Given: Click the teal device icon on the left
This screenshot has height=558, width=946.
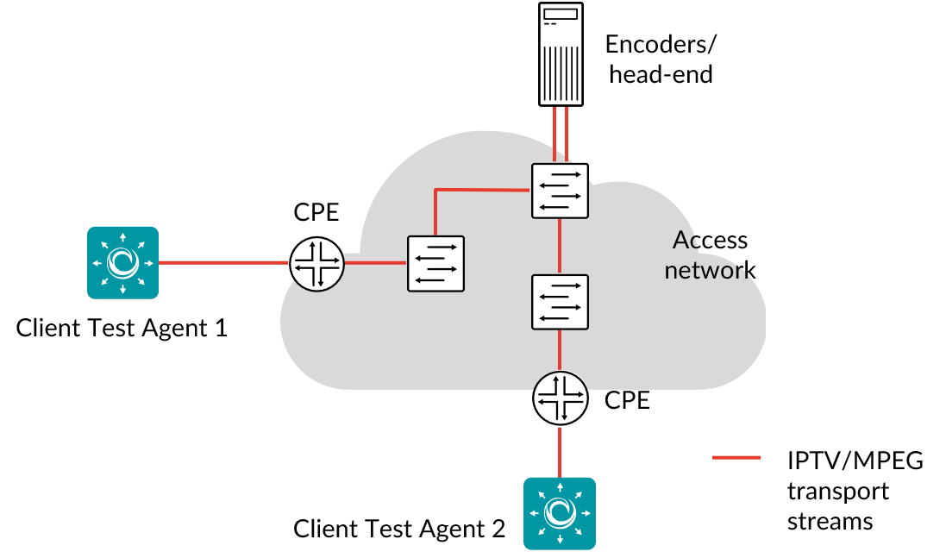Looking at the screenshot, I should click(122, 263).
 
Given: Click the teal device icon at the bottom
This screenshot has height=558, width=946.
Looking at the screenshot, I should click(560, 513).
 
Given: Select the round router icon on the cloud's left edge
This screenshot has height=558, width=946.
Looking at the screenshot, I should click(316, 264).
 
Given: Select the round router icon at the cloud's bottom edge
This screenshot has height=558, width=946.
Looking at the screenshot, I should click(561, 398).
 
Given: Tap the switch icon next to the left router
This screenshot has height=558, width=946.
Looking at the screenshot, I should click(435, 264).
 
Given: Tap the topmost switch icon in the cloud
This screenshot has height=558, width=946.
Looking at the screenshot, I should click(560, 191).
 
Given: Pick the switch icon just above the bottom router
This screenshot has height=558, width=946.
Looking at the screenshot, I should click(560, 302).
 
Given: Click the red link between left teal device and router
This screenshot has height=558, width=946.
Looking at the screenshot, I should click(222, 262).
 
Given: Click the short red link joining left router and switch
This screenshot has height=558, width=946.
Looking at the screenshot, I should click(375, 263).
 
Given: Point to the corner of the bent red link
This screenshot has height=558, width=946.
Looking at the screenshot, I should click(435, 190).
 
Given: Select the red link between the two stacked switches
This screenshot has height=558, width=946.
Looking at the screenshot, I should click(560, 246).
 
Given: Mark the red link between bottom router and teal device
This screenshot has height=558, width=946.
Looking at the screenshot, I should click(560, 451).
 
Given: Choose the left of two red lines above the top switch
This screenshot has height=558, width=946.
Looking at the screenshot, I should click(554, 134).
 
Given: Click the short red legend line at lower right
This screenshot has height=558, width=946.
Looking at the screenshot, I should click(736, 457).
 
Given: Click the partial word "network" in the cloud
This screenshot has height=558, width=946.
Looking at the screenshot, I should click(705, 270).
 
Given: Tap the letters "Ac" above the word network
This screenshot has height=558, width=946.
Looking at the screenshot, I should click(685, 240).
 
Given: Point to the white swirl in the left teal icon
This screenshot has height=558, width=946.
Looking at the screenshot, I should click(122, 263).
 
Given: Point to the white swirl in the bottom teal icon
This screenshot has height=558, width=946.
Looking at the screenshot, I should click(560, 513).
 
